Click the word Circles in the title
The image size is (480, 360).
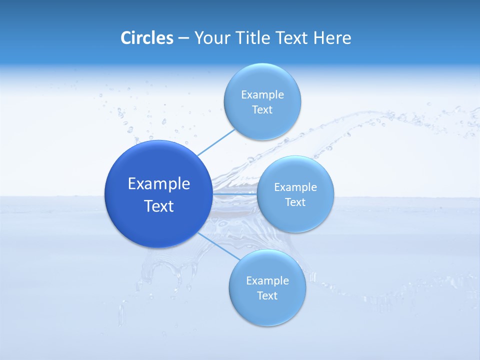(146, 38)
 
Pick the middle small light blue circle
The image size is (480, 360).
(295, 217)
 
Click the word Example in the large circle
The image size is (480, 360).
(159, 184)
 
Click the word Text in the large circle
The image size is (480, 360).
(159, 206)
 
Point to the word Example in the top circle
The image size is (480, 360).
(262, 95)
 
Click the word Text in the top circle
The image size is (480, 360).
(262, 110)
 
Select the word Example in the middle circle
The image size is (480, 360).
(295, 187)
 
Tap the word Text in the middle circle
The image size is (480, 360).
(295, 202)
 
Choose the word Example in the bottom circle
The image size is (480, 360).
(267, 281)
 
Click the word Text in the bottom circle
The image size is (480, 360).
(267, 296)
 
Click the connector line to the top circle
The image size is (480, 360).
(216, 142)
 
